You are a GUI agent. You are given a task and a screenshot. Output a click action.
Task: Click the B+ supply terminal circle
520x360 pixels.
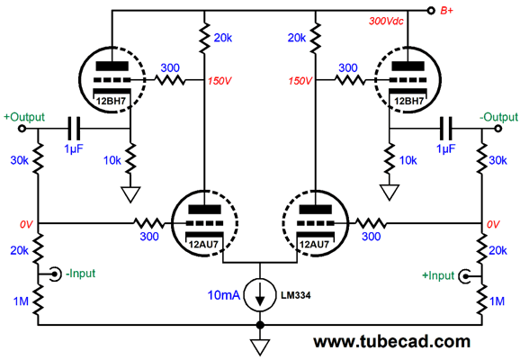[x=431, y=11]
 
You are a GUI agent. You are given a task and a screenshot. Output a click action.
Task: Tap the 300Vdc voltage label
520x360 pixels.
[x=386, y=22]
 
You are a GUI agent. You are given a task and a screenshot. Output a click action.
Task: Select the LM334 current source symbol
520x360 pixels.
[x=260, y=295]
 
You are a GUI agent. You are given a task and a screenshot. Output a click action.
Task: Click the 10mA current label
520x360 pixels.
[x=223, y=295]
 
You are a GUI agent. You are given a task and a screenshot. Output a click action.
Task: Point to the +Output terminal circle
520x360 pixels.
[x=22, y=129]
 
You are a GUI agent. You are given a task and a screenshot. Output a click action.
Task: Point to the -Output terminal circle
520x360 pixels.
[x=498, y=129]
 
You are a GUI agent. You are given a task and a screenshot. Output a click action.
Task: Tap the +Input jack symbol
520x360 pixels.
[x=465, y=276]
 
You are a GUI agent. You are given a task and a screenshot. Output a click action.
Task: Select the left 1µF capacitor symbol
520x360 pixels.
[x=74, y=129]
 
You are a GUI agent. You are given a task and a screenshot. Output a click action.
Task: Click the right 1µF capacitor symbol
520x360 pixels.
[x=445, y=129]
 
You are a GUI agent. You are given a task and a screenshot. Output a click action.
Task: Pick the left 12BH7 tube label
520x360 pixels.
[x=111, y=101]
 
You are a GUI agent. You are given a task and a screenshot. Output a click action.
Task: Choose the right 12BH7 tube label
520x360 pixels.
[x=408, y=101]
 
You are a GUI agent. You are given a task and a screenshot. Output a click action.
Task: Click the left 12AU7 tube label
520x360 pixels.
[x=203, y=245]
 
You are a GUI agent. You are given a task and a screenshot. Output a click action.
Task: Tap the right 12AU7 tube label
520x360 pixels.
[x=314, y=245]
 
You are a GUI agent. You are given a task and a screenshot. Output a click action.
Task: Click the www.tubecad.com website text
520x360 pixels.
[x=392, y=341]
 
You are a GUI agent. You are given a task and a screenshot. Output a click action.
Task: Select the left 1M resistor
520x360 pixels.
[x=38, y=301]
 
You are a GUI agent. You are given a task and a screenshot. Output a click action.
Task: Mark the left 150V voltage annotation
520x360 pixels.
[x=220, y=81]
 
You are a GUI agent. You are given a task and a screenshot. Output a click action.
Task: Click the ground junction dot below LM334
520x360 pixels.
[x=260, y=325]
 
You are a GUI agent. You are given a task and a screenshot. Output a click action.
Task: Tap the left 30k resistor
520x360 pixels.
[x=38, y=159]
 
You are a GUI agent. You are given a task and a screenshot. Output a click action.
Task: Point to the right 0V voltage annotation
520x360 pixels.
[x=493, y=225]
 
